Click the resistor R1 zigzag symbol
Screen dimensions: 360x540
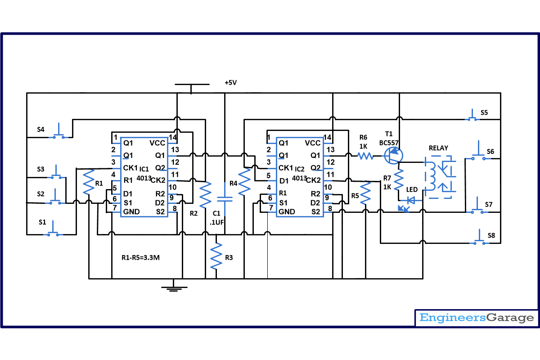[88, 182]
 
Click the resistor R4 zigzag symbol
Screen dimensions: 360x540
[245, 182]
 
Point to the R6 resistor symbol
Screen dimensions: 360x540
[365, 156]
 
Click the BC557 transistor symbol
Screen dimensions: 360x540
[392, 156]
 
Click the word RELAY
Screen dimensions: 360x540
[438, 148]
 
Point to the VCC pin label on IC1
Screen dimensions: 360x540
[158, 143]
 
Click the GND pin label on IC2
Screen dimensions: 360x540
[287, 211]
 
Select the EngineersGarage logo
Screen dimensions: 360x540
[476, 318]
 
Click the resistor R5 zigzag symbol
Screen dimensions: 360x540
[365, 193]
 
